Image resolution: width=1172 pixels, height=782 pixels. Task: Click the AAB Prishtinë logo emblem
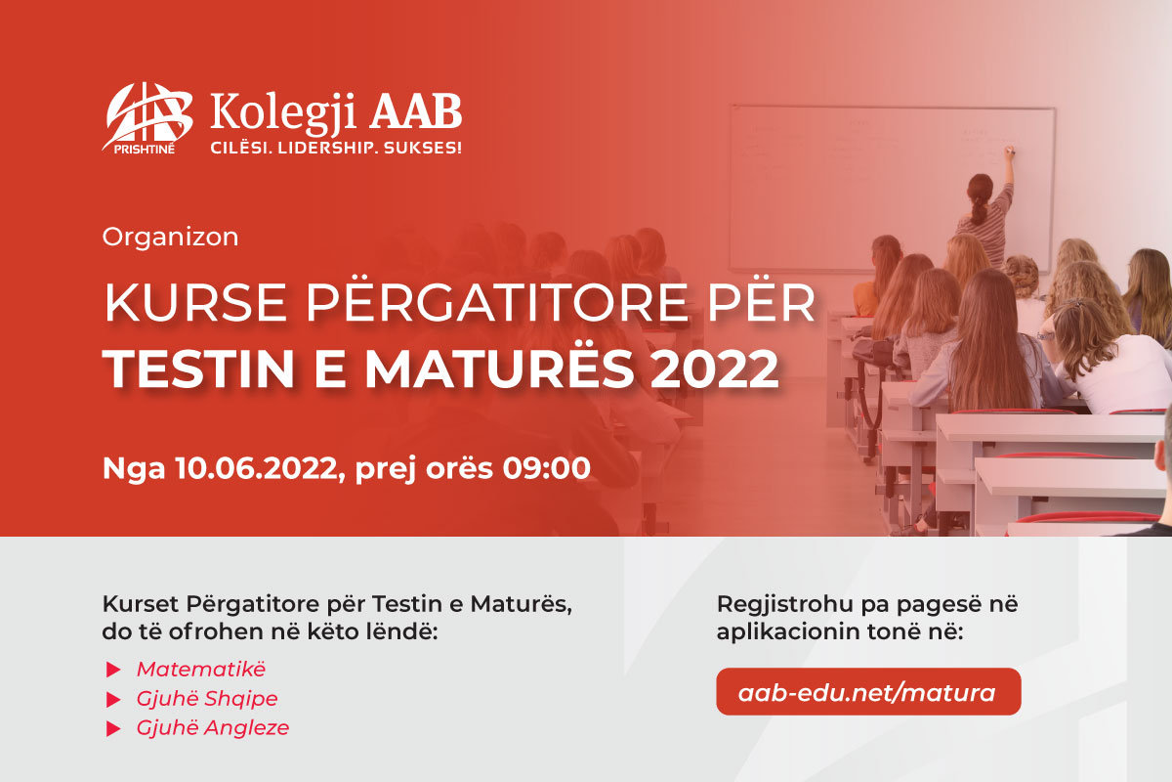click(147, 118)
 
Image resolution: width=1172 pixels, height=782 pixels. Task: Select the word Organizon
click(170, 237)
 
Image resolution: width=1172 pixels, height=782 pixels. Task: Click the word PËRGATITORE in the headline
click(496, 303)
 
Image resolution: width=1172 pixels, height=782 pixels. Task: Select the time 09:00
click(546, 467)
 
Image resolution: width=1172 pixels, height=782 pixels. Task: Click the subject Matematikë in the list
click(201, 669)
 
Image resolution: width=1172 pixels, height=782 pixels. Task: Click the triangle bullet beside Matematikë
click(113, 670)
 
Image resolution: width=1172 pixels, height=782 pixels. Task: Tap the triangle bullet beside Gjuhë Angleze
click(113, 728)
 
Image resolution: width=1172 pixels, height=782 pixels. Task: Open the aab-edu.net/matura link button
click(868, 691)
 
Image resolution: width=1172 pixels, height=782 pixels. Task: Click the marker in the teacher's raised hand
click(1009, 152)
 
